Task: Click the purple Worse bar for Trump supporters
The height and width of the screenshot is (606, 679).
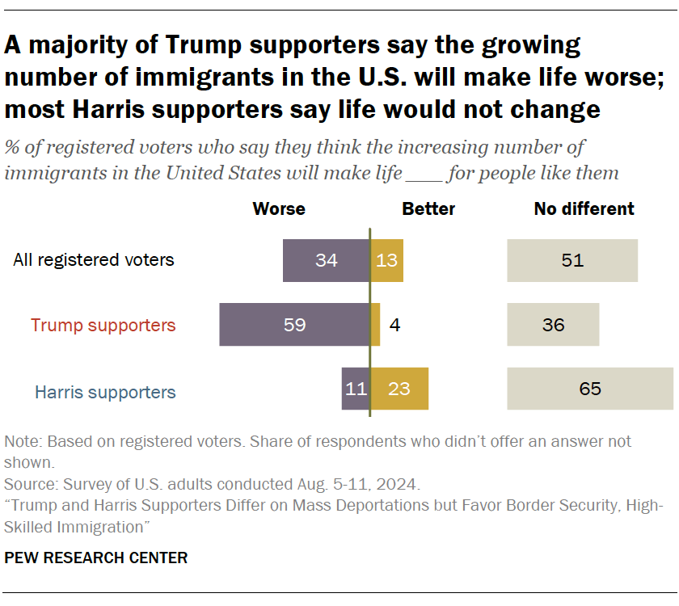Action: (x=294, y=325)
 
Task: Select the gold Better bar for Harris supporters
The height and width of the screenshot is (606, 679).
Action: (x=399, y=389)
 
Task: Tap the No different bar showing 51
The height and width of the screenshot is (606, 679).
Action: (x=572, y=260)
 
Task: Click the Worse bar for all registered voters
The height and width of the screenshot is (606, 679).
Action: (x=326, y=260)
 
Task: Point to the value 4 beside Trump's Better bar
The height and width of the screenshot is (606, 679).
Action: (x=394, y=325)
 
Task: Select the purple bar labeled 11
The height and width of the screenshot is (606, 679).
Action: (x=356, y=389)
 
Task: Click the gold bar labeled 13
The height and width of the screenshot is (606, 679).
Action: (x=386, y=260)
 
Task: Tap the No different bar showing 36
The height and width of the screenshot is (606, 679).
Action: (x=553, y=325)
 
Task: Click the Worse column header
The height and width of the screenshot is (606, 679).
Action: (x=279, y=208)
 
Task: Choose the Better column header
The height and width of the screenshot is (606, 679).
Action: (x=428, y=208)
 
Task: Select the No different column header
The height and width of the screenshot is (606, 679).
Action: (x=584, y=208)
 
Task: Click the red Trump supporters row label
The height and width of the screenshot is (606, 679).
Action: (x=103, y=326)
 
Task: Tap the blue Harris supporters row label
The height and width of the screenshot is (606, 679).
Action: (x=105, y=393)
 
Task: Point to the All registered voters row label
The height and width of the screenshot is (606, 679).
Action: (x=94, y=260)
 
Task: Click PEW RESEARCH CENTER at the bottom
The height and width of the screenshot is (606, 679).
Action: (x=96, y=558)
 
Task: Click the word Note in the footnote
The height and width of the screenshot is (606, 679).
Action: (x=22, y=442)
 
